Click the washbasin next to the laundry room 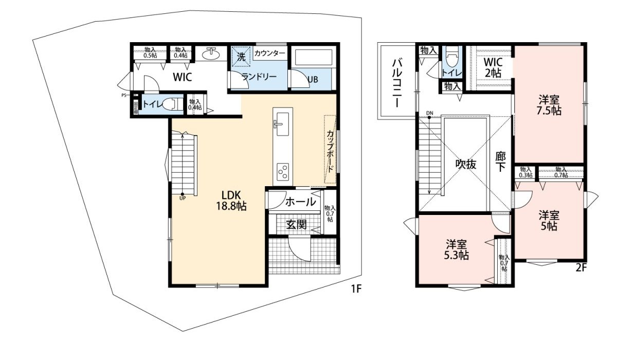211,55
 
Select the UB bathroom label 313,80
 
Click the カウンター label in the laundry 270,53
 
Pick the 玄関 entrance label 297,224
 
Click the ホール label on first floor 300,202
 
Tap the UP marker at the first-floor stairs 183,196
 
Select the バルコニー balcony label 397,82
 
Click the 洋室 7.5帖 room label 550,104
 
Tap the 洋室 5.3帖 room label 457,249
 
